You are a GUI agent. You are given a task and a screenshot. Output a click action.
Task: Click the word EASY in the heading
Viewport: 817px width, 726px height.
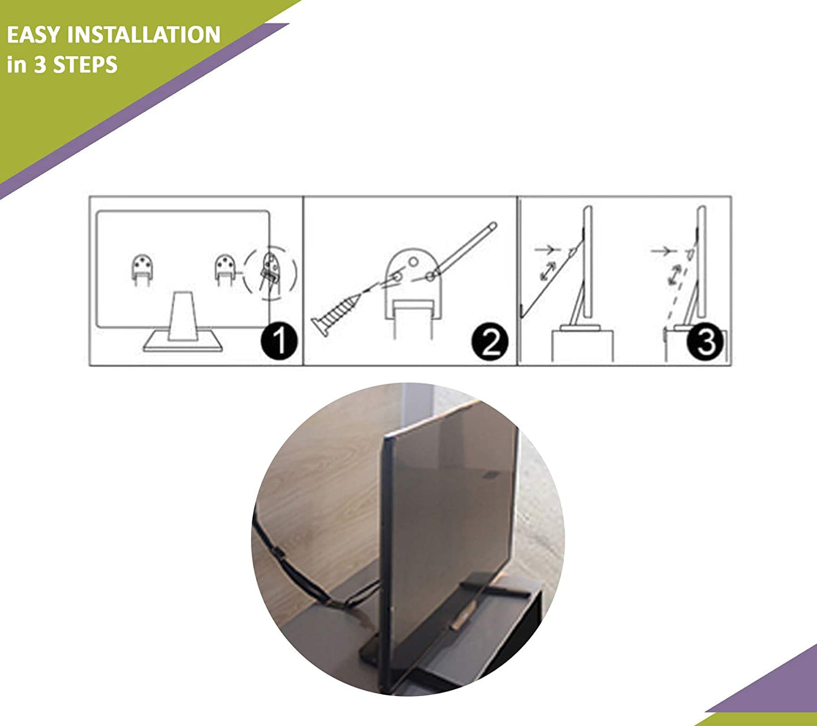click(33, 34)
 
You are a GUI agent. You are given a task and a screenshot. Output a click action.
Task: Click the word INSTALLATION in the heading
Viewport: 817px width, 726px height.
click(144, 34)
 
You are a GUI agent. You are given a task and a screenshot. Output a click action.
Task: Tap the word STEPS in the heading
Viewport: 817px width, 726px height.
click(85, 64)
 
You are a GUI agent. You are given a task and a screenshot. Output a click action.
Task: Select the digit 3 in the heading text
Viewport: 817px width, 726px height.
click(40, 64)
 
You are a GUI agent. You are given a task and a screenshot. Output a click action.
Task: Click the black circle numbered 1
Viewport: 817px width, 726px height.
click(279, 341)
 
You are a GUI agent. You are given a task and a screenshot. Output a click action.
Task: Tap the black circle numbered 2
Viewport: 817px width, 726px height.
click(490, 342)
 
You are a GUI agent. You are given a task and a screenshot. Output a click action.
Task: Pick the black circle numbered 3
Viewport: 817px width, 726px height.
click(705, 342)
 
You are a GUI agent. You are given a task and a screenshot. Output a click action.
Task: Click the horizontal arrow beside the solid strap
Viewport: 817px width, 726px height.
click(548, 250)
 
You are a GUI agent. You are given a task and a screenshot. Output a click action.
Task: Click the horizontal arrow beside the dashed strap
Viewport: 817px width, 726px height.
click(663, 251)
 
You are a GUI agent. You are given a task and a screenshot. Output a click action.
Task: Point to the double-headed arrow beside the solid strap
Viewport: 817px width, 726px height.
click(548, 271)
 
